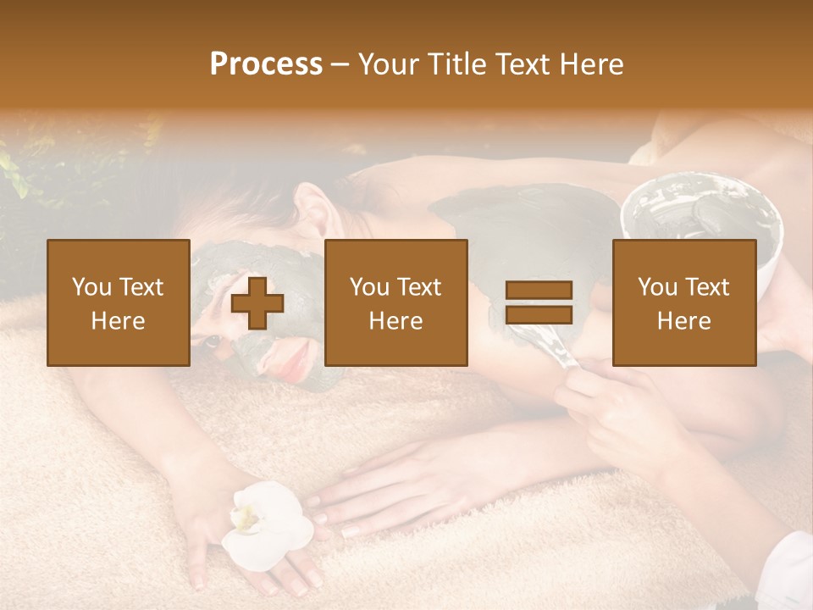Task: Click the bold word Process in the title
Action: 266,64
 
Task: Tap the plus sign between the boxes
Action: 257,303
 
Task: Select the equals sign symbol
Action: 539,303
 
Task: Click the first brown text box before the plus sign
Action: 119,302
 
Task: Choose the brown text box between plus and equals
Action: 395,302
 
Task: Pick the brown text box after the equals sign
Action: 683,302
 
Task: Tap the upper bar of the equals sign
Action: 539,291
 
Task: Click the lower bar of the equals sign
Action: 539,315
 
